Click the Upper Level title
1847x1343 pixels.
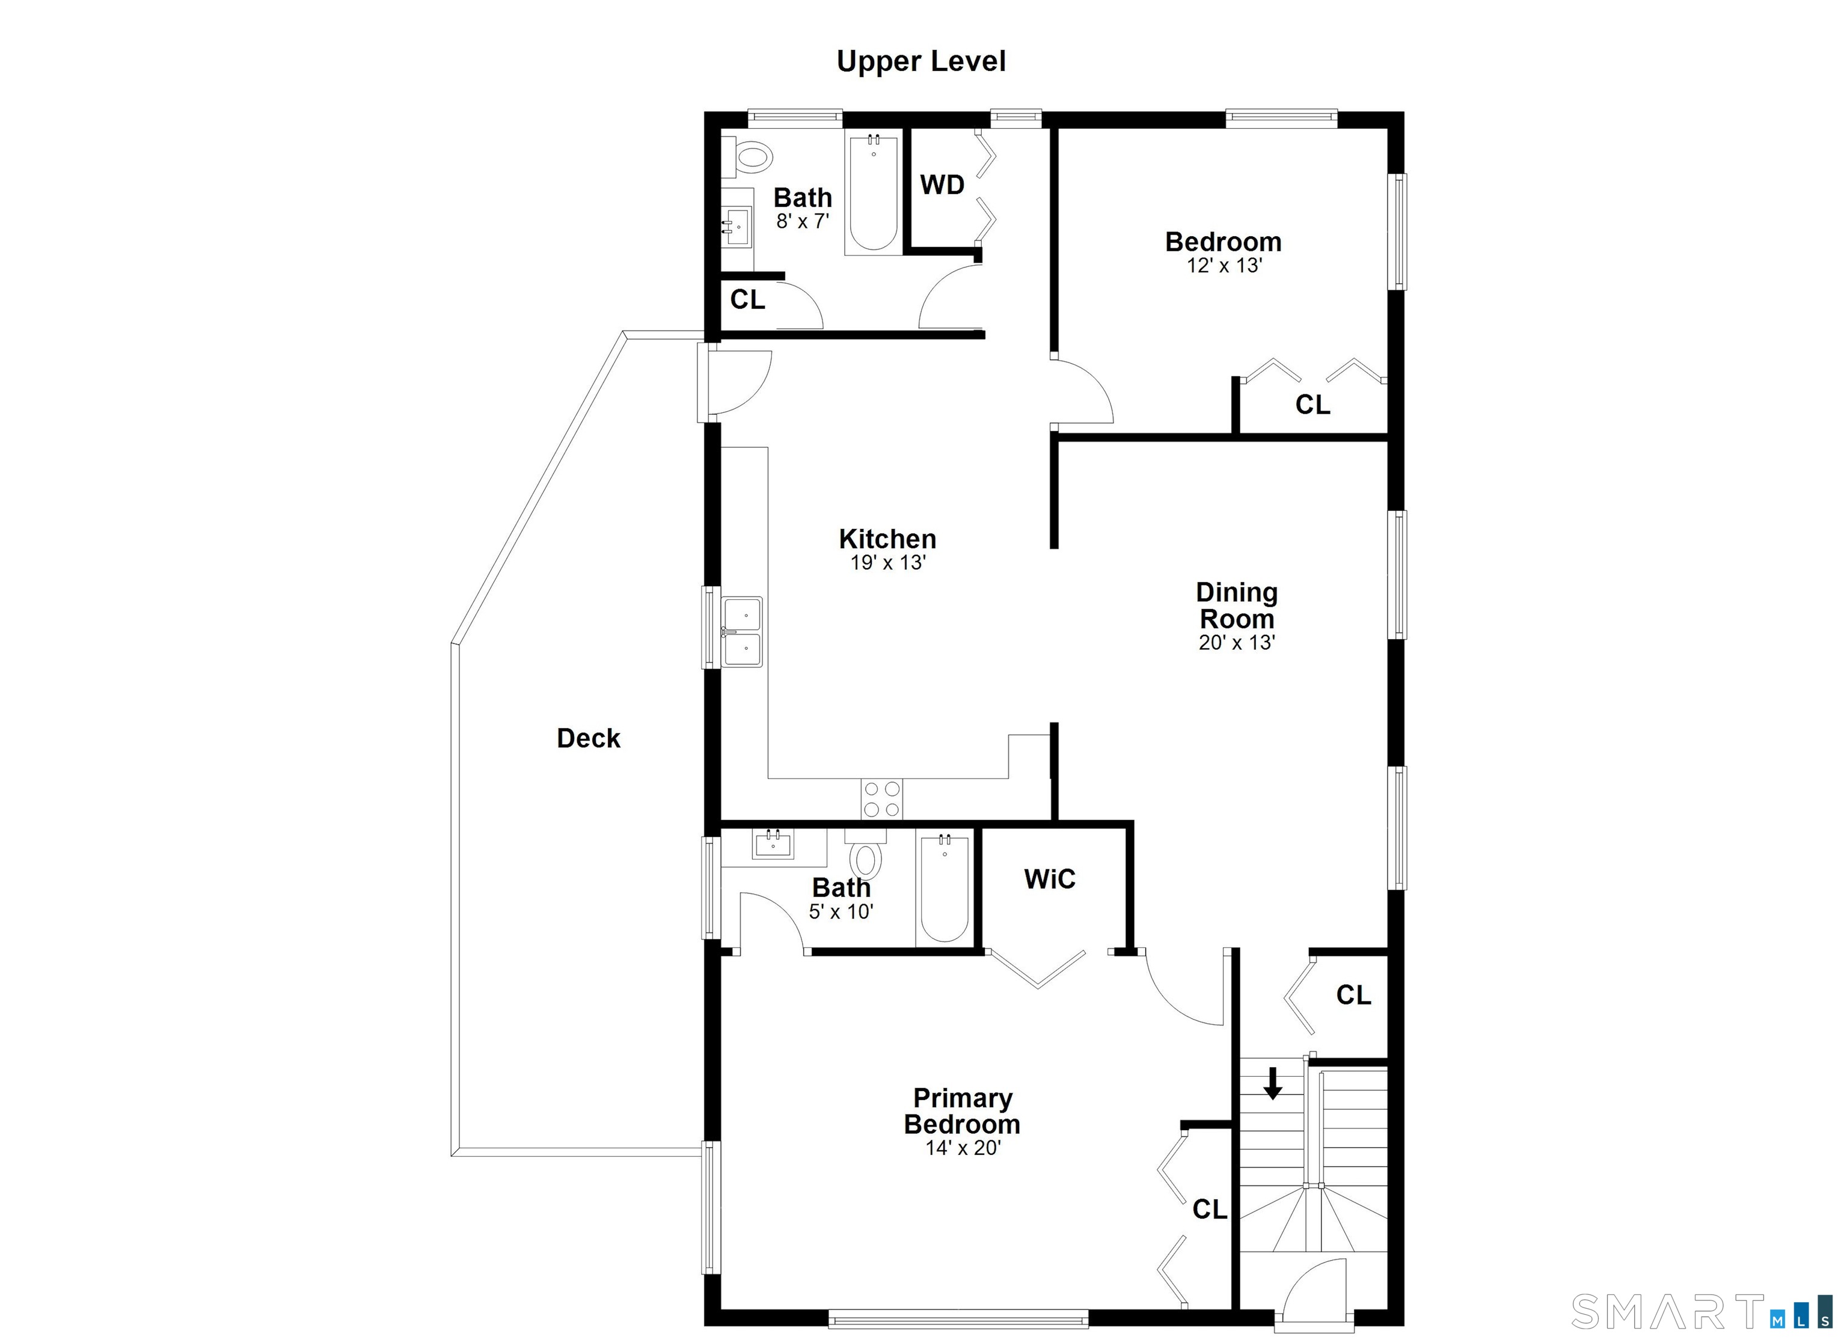click(921, 62)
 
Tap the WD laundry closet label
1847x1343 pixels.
click(942, 185)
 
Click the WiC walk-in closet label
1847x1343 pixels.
click(1050, 879)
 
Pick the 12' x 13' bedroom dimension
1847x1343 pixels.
click(1224, 266)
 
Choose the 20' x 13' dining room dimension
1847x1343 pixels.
click(1236, 643)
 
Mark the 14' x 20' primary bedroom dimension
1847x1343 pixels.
click(963, 1148)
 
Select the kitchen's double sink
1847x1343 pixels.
click(742, 632)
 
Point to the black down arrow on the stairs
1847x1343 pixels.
click(1272, 1083)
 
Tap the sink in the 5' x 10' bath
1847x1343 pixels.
click(773, 845)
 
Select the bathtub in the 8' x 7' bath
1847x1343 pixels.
click(873, 192)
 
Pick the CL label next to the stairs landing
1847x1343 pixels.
click(1353, 994)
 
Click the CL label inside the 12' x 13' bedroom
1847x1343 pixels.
click(1313, 404)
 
